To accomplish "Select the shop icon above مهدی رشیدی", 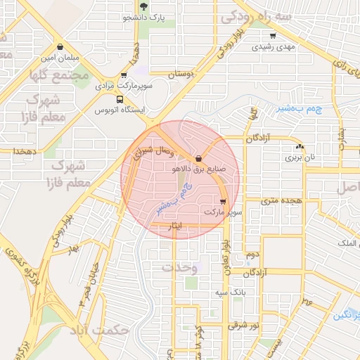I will point(272,35).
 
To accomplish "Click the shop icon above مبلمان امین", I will point(61,45).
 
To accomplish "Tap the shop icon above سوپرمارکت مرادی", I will point(124,75).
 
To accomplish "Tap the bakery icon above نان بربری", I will point(300,147).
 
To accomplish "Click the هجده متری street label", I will point(281,200).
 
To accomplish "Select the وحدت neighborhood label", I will point(176,268).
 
